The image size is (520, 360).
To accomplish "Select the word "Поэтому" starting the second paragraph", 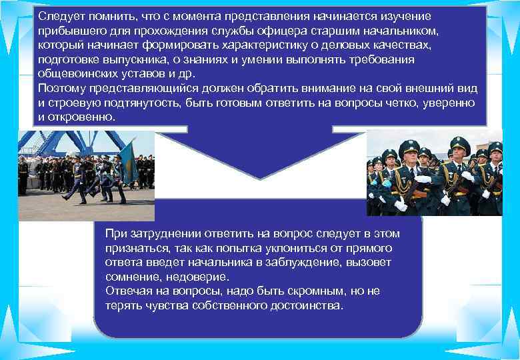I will pyautogui.click(x=63, y=89).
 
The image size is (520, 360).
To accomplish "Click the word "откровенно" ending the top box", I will pyautogui.click(x=82, y=117).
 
